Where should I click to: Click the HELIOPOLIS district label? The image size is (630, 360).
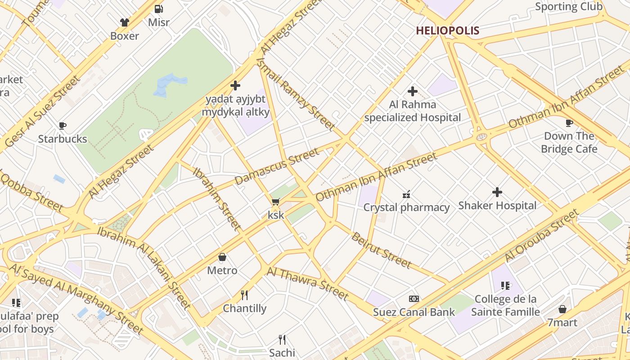point(447,31)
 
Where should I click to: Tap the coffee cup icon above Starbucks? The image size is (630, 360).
point(63,126)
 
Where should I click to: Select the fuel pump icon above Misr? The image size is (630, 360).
point(158,9)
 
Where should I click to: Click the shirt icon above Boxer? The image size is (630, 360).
point(125,22)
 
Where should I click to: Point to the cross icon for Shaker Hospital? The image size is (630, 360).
point(497,192)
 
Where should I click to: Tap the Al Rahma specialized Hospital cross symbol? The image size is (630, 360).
point(412,91)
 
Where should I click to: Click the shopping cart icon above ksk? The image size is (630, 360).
point(275,202)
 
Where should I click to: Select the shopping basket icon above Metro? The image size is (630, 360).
point(222,257)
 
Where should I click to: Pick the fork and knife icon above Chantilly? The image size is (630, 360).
point(244,295)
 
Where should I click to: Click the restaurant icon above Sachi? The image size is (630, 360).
point(282,339)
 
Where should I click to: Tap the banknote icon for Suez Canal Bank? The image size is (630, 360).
point(414,299)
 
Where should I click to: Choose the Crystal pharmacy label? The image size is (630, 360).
point(406,207)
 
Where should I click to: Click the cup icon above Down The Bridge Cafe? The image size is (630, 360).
point(569,123)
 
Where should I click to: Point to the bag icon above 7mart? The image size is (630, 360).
point(562,309)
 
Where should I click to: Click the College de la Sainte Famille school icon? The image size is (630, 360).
point(505,286)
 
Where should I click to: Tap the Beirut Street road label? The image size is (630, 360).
point(381,250)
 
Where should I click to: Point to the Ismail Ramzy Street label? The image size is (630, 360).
point(295,94)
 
